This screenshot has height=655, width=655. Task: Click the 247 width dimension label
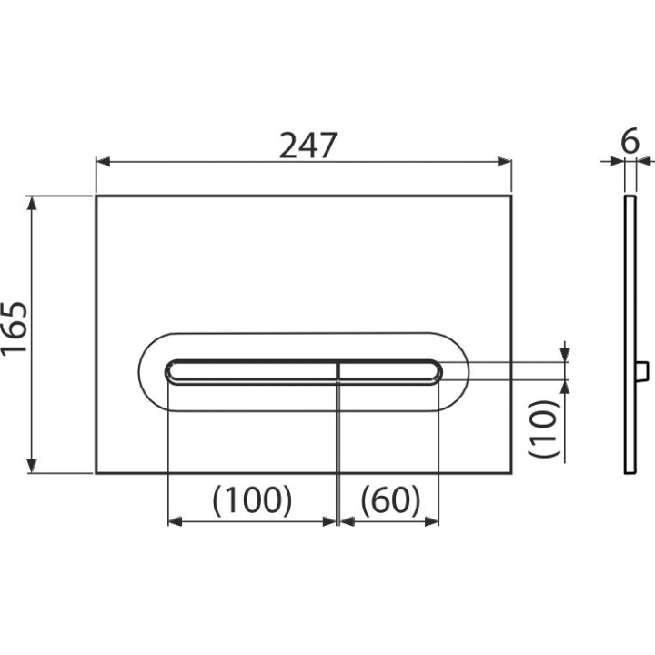[x=307, y=146]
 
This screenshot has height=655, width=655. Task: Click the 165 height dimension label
[x=15, y=328]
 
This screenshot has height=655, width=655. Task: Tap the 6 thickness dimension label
[x=630, y=141]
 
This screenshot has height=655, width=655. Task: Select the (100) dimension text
[x=252, y=500]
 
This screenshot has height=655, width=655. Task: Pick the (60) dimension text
[x=390, y=500]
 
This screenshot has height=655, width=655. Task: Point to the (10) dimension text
[x=543, y=429]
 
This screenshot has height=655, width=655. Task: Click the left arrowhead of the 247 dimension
[x=103, y=161]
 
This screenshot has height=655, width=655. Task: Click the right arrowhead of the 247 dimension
[x=505, y=161]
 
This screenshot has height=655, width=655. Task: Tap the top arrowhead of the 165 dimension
[x=32, y=204]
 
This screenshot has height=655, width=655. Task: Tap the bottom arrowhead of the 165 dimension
[x=32, y=466]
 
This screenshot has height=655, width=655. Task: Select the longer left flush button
[x=251, y=371]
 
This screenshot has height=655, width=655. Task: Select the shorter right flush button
[x=389, y=371]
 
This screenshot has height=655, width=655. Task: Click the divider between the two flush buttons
[x=338, y=371]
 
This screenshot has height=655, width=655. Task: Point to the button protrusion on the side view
[x=642, y=371]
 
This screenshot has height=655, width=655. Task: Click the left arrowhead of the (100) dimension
[x=175, y=521]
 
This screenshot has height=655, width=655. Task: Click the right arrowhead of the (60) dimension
[x=431, y=521]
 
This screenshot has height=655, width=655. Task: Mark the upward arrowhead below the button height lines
[x=565, y=388]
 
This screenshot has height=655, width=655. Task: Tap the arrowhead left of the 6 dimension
[x=618, y=161]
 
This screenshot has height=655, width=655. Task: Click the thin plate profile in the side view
[x=630, y=335]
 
